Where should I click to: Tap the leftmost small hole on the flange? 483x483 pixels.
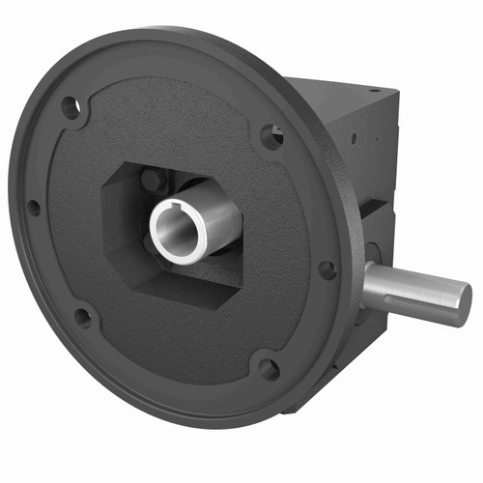tap(34, 207)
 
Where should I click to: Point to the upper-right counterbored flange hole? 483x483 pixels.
tap(272, 137)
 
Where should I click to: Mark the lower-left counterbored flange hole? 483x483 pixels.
tap(84, 316)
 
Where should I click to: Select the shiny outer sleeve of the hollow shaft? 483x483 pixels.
tap(217, 214)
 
